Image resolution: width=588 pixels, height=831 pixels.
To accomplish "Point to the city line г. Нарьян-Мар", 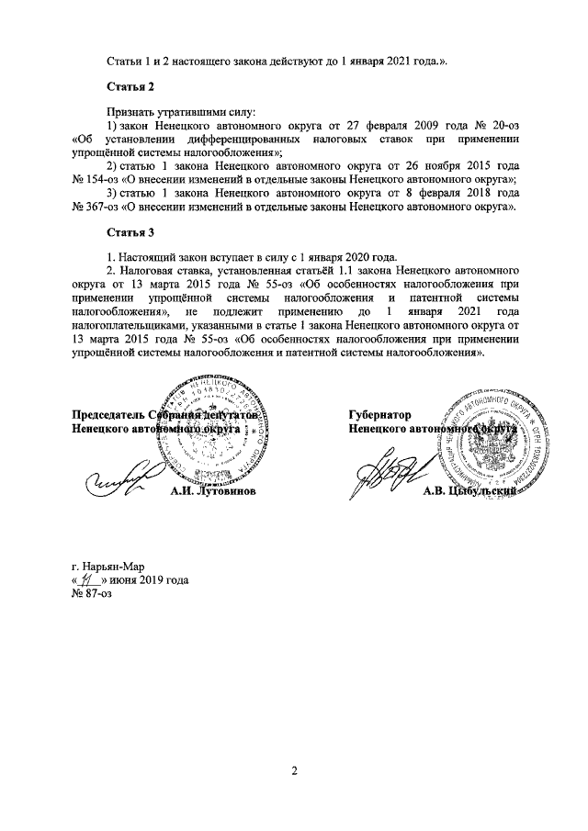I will tap(111, 566).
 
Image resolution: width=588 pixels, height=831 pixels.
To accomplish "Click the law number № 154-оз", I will tap(96, 179).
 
